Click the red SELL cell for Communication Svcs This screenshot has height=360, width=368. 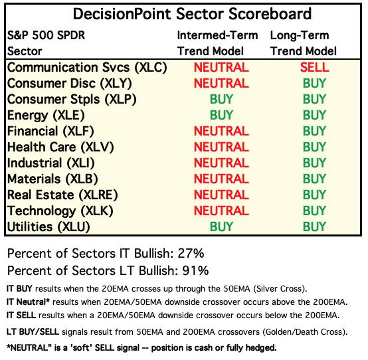[314, 67]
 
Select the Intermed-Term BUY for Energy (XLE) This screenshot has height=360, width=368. [221, 115]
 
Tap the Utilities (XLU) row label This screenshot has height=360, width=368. [48, 227]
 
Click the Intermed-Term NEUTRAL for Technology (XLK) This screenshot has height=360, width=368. [221, 211]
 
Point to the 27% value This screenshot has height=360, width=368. [191, 254]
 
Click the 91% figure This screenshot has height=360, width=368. [195, 270]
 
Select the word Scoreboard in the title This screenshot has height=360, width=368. [270, 13]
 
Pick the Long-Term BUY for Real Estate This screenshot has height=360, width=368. [314, 195]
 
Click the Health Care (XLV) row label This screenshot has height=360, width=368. [60, 147]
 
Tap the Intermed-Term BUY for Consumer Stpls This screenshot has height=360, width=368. [221, 99]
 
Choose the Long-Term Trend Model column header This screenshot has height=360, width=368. [304, 43]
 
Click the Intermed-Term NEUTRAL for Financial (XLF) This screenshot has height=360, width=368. [221, 131]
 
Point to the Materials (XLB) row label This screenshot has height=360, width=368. [52, 179]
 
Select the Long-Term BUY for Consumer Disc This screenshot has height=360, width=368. [314, 83]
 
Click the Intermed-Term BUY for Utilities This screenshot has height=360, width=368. [221, 226]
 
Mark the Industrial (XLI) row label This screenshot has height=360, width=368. [51, 163]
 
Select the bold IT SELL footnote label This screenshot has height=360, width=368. [21, 315]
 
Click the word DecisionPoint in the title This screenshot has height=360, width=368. [122, 13]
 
